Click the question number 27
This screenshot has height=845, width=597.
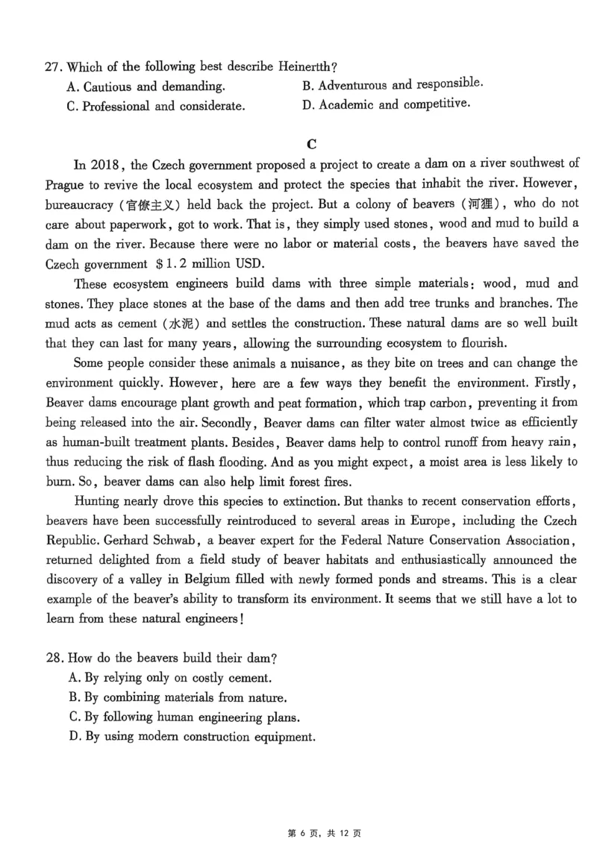point(52,67)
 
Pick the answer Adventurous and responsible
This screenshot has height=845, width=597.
point(393,85)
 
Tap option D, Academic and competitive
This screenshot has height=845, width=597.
point(387,104)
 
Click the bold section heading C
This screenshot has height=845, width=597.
point(312,144)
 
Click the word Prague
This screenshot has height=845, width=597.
point(65,185)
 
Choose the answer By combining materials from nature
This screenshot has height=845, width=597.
point(178,698)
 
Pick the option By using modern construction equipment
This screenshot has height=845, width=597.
point(192,737)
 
